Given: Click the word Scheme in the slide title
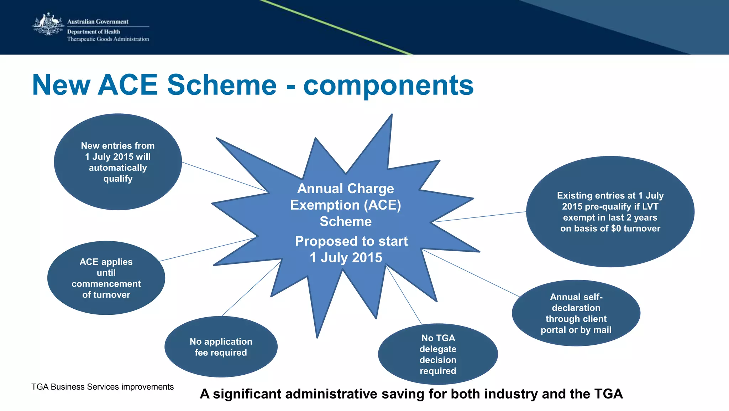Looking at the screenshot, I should (222, 85).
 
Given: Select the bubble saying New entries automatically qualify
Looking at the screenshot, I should (118, 162).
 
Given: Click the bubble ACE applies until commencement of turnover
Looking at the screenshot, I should (106, 278).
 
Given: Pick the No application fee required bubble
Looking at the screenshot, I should (221, 347).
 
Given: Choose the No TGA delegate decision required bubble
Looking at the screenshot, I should (438, 354).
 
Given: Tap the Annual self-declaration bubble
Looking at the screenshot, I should (576, 313).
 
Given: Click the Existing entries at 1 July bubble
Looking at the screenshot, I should (610, 212).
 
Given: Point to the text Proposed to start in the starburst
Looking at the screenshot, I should (351, 241).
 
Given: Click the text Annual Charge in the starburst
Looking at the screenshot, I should (345, 189).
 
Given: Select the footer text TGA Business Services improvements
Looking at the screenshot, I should (103, 387).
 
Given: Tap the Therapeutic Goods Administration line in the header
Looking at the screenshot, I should (108, 39).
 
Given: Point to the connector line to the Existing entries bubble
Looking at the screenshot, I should (481, 217).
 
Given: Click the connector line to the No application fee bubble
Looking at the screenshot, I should (251, 289).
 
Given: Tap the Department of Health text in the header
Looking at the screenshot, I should (94, 32).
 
